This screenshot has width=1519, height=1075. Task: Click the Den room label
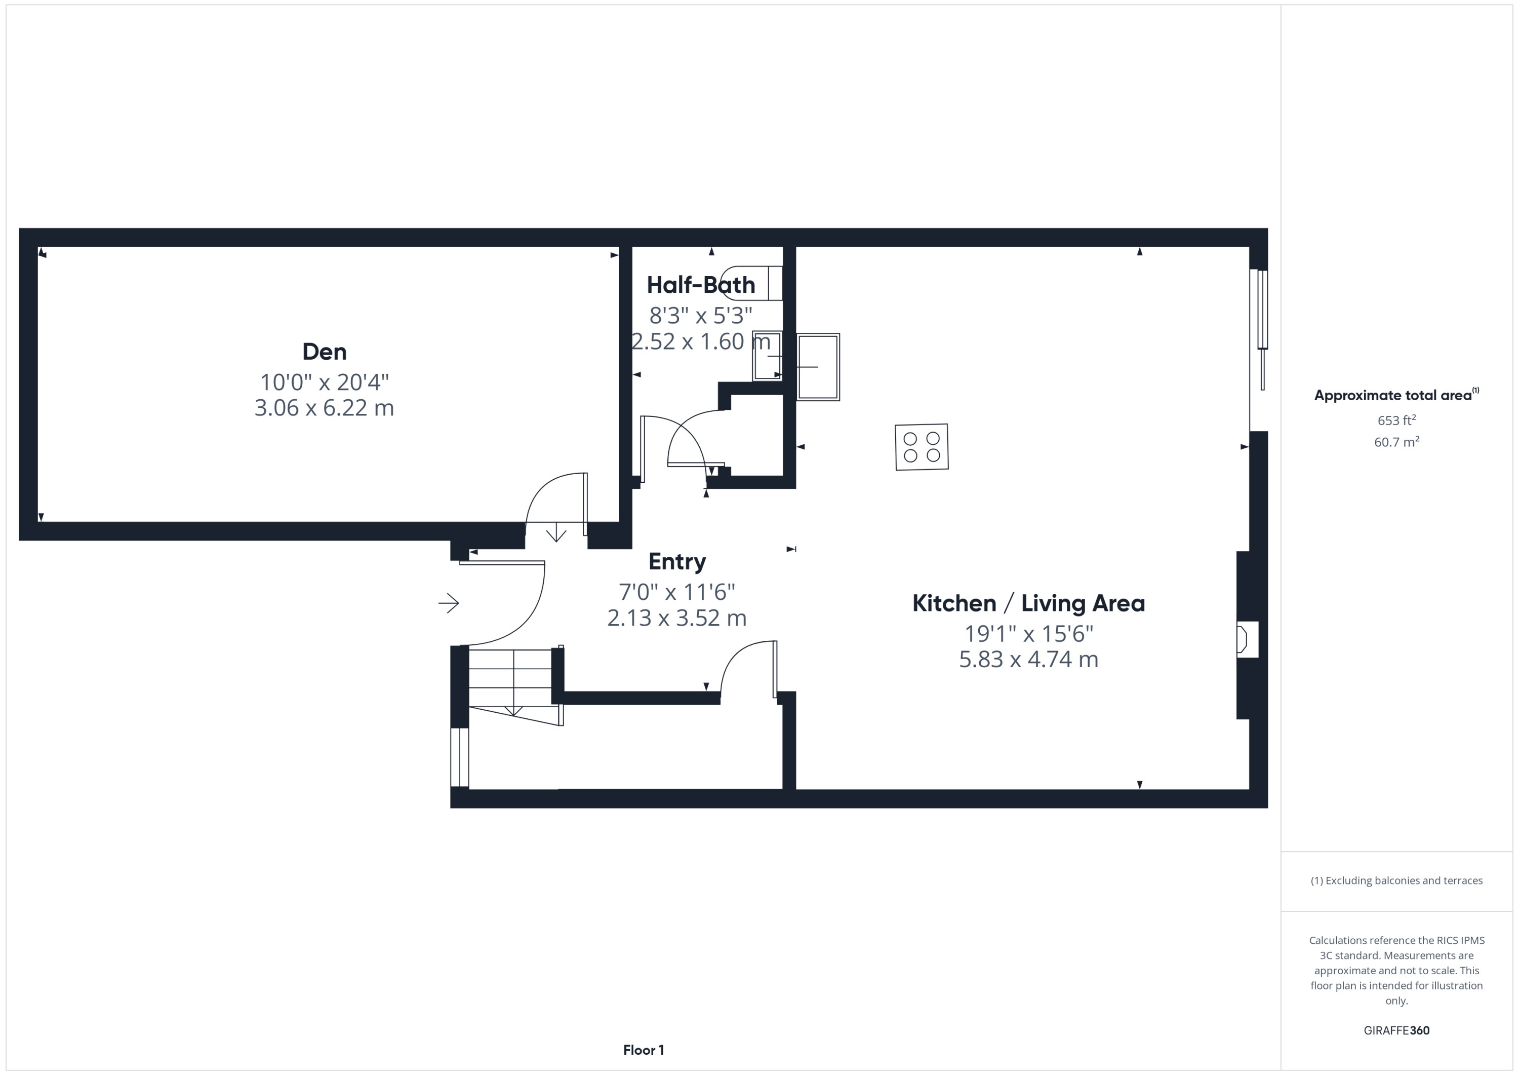(324, 352)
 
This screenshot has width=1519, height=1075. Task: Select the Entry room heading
(677, 561)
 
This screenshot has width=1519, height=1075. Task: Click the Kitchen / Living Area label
(1028, 603)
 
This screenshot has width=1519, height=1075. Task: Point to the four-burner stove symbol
(922, 447)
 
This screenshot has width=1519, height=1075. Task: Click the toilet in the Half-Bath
(753, 283)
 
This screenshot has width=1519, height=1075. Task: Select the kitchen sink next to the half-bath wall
(818, 367)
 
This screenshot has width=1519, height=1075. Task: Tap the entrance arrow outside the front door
(449, 603)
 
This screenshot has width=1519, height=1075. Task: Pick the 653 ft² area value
(1396, 420)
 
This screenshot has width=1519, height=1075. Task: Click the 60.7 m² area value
(1396, 442)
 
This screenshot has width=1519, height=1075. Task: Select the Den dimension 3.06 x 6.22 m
(324, 408)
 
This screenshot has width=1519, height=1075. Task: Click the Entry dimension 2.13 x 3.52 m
(677, 618)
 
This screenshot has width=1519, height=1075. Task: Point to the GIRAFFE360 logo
(1396, 1030)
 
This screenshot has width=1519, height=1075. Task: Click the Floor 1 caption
(643, 1050)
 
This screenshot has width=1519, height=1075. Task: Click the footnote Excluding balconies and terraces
(1396, 880)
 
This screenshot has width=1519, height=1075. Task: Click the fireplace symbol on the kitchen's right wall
(1244, 639)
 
